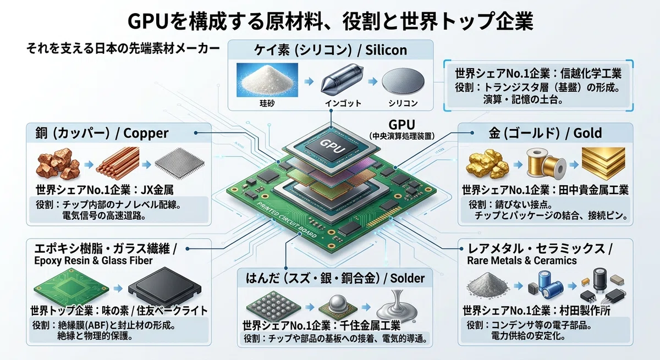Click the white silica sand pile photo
pyautogui.click(x=267, y=80)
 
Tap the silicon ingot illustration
pyautogui.click(x=342, y=79)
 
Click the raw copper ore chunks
pyautogui.click(x=58, y=163)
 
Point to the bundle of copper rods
pyautogui.click(x=118, y=163)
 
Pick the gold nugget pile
pyautogui.click(x=487, y=164)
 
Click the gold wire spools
pyautogui.click(x=546, y=164)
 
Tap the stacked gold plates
pyautogui.click(x=603, y=163)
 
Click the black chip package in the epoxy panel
pyautogui.click(x=165, y=286)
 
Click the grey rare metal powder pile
pyautogui.click(x=488, y=284)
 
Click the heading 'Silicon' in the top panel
pyautogui.click(x=386, y=50)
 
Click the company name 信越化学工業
pyautogui.click(x=591, y=73)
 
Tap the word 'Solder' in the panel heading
pyautogui.click(x=407, y=278)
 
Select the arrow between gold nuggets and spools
pyautogui.click(x=518, y=164)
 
